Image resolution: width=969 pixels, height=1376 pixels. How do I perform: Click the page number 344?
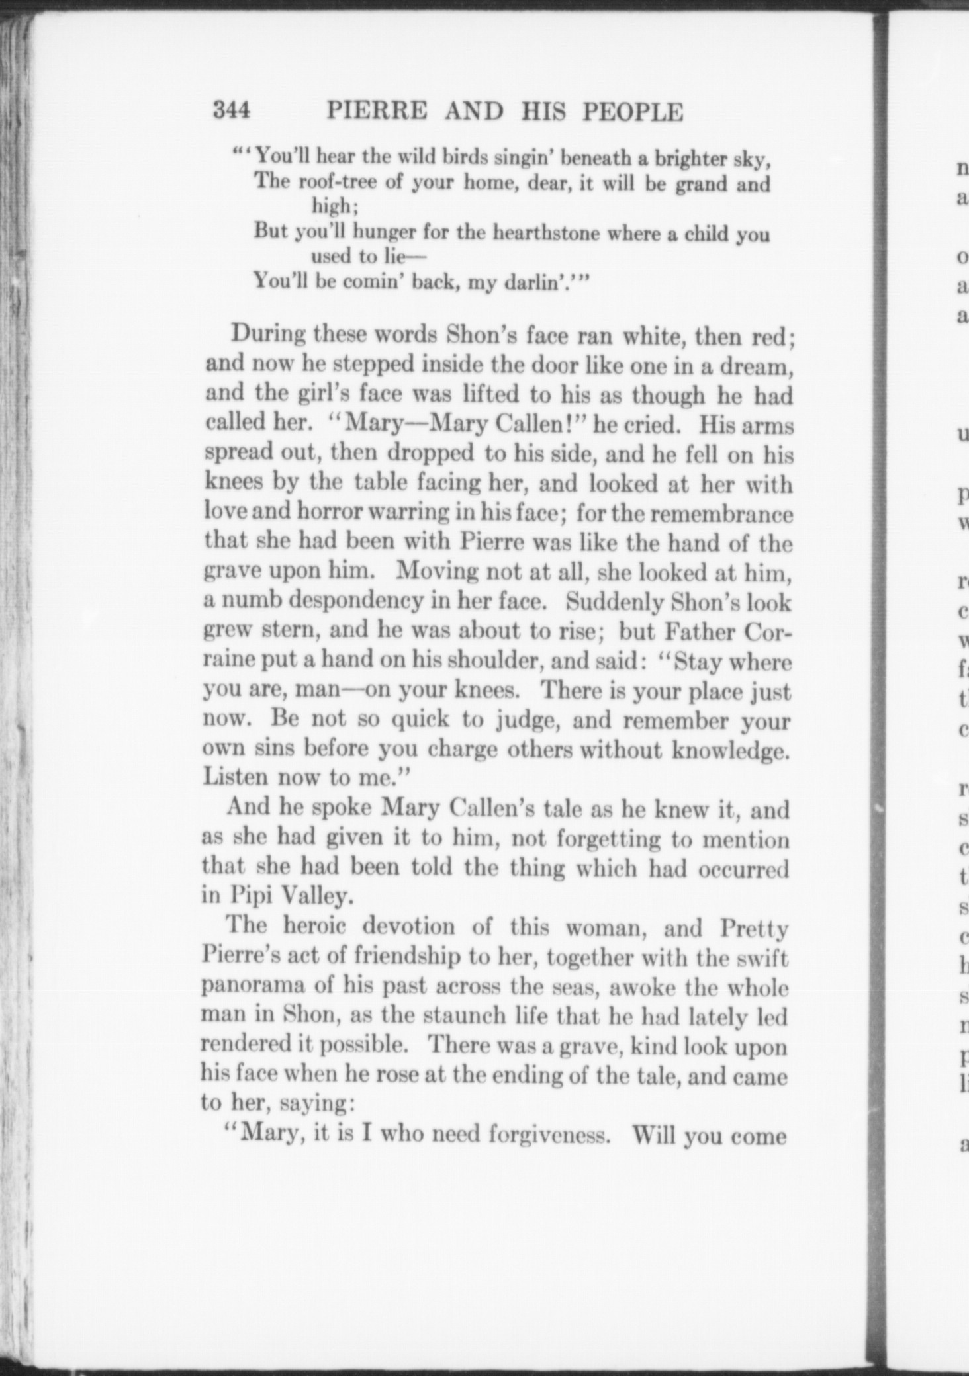(232, 110)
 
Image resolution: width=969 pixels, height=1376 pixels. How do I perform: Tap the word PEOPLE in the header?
(632, 112)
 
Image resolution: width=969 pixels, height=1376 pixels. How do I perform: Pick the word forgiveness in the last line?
(548, 1135)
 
